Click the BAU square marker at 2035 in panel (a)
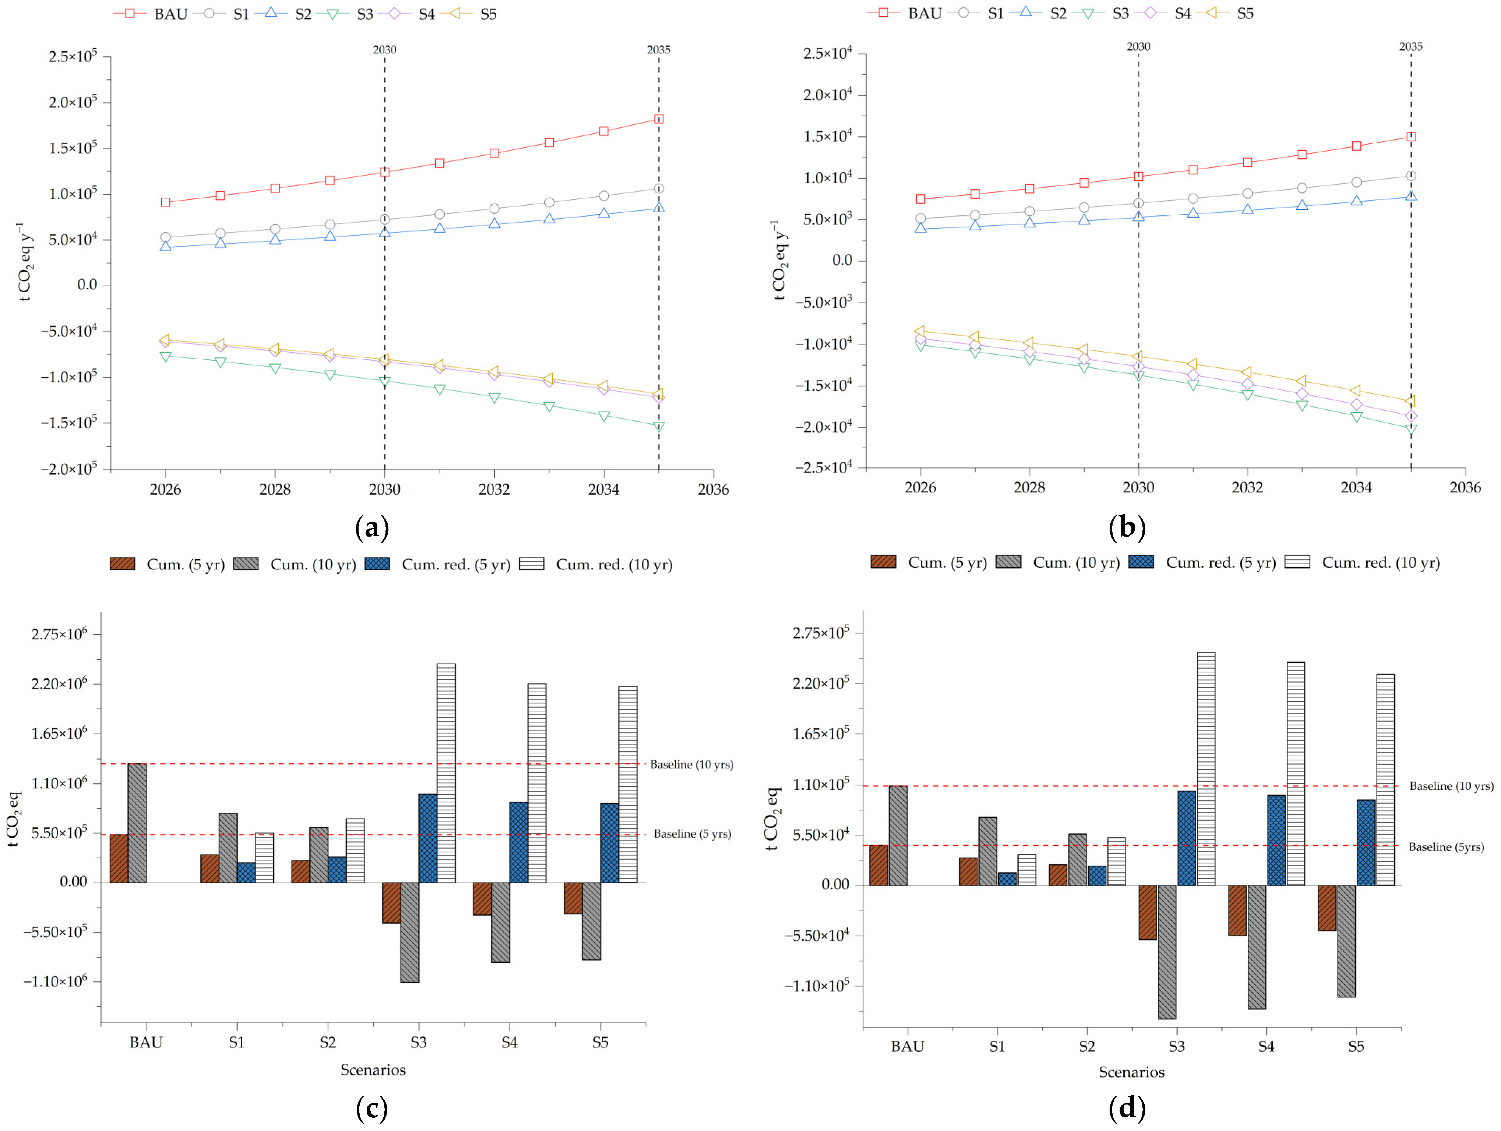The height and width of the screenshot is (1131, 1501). pos(658,119)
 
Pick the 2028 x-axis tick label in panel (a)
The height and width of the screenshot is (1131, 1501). pos(275,489)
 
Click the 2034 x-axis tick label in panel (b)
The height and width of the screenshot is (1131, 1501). pos(1356,487)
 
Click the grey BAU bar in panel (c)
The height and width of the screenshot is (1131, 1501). pos(137,823)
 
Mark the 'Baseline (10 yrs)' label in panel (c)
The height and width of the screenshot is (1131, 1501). pos(691,765)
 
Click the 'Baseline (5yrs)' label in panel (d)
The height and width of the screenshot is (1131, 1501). pos(1446,847)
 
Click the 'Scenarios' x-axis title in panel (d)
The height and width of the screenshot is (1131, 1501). pos(1131,1072)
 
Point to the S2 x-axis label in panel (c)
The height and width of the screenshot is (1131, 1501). pos(328,1042)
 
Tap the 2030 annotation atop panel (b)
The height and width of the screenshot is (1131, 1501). pos(1138,47)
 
